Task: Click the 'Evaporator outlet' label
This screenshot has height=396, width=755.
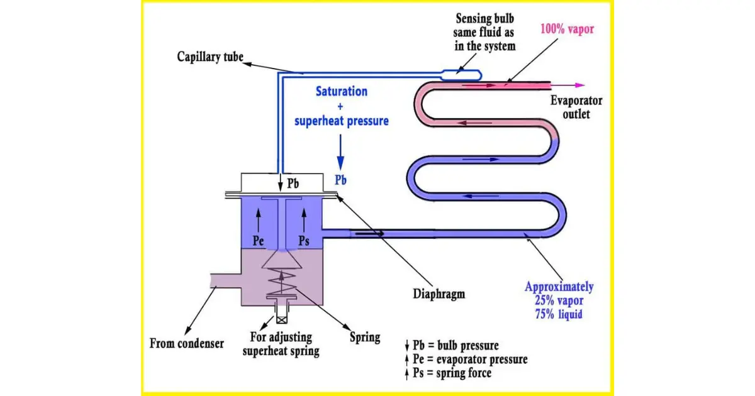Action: [x=576, y=107]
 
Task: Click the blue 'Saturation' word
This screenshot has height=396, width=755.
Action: [x=342, y=91]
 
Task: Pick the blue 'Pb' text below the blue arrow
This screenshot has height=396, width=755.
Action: [x=340, y=180]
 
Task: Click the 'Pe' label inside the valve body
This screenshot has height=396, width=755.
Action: [x=258, y=241]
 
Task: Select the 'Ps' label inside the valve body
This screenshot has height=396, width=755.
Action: [x=304, y=241]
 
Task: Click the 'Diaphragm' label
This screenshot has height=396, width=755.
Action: [x=439, y=294]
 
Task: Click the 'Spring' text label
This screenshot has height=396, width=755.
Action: [x=365, y=337]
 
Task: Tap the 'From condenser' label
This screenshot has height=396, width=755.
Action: [x=187, y=344]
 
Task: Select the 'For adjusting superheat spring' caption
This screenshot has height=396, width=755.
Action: [x=281, y=344]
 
